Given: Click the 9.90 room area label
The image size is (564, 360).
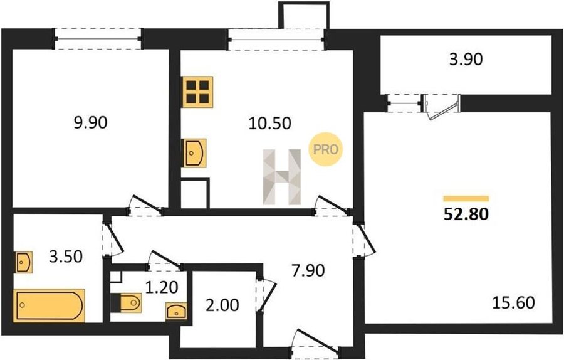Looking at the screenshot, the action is [x=90, y=123].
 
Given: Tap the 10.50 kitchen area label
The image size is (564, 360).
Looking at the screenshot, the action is [x=269, y=124].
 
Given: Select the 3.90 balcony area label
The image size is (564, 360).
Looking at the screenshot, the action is [x=466, y=59].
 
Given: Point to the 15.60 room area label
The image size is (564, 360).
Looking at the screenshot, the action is [x=513, y=303].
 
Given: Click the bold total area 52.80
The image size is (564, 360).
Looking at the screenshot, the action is [x=466, y=214].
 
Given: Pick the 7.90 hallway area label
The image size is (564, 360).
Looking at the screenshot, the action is [x=308, y=270].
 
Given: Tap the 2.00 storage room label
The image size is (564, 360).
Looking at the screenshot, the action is [x=222, y=305].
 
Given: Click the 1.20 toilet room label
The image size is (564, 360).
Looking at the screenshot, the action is [x=162, y=287].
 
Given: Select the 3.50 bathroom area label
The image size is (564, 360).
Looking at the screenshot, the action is [x=66, y=257].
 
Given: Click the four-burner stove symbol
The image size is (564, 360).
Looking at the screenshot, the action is [x=197, y=92].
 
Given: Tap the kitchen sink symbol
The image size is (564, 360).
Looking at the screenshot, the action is [x=195, y=153].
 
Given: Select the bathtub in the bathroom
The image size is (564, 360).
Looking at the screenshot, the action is [x=50, y=305].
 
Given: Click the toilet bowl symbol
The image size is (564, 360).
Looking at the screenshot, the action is [x=126, y=302].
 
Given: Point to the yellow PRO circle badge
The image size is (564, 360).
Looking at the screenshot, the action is [x=326, y=149].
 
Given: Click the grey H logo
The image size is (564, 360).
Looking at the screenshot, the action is [x=282, y=177].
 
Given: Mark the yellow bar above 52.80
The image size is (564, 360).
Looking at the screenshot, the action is [x=466, y=198].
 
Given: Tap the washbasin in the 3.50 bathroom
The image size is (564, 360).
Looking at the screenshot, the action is [x=24, y=262].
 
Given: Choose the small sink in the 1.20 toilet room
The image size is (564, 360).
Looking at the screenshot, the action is [x=176, y=312].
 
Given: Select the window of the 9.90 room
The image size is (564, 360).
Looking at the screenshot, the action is [x=98, y=38].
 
